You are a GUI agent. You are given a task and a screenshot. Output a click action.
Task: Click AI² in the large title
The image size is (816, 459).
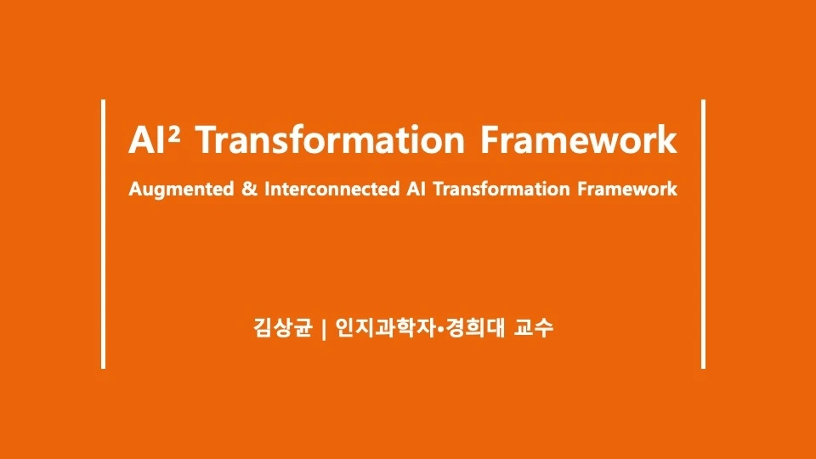pos(155,140)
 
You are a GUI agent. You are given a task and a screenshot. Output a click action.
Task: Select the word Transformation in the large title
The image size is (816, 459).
pos(331,140)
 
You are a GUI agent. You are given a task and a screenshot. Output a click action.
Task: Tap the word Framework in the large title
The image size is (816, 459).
pos(578,140)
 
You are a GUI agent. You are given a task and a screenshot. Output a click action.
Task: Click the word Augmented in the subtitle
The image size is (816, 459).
pos(181,189)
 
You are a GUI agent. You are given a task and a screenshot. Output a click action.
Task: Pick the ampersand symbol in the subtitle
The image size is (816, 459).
pos(249,189)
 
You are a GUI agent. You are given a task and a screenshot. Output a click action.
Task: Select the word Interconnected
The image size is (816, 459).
pos(332,189)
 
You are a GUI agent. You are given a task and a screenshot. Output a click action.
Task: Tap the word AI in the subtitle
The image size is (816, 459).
pos(416,189)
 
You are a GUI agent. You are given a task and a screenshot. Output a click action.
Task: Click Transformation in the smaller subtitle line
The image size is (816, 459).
pos(501,189)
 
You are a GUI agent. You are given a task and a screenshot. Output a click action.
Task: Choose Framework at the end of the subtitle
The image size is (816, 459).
pos(627,189)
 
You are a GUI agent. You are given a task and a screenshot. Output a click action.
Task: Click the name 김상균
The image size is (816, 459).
pos(282,327)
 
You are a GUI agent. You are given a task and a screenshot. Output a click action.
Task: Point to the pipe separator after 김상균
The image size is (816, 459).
pos(324,328)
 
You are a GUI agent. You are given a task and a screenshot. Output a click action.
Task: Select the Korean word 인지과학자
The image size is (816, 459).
pos(384,327)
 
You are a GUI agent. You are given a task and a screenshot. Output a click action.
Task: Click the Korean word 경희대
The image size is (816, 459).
pos(476,327)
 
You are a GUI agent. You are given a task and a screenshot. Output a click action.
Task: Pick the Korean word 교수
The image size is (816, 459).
pos(534,327)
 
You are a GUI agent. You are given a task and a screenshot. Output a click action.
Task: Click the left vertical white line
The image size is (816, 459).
pos(103,235)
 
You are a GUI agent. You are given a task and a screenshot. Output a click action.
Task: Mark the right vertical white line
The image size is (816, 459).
pos(703,235)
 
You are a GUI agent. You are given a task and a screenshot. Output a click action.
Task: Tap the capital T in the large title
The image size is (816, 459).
pos(210,140)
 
